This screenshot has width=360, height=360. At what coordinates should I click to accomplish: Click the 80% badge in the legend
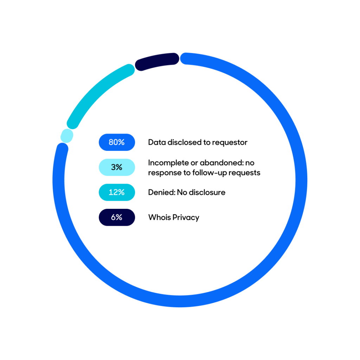[x=117, y=142]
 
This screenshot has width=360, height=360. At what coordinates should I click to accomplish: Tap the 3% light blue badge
[x=117, y=167]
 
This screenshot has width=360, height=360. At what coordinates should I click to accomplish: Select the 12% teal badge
[x=117, y=192]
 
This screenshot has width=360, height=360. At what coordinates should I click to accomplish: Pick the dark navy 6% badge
[x=117, y=217]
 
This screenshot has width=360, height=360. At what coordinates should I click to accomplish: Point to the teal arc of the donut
[x=96, y=92]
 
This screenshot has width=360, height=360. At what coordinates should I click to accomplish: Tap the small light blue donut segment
[x=67, y=136]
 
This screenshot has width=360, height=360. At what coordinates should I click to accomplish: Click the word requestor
[x=230, y=143]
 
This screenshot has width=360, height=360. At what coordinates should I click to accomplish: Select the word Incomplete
[x=168, y=163]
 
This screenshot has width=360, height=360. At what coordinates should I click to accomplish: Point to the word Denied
[x=162, y=192]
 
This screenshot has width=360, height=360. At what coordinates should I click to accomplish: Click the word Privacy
[x=186, y=218]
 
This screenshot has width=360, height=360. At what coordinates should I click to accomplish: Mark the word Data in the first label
[x=157, y=142]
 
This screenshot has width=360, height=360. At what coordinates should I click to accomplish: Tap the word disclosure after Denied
[x=207, y=192]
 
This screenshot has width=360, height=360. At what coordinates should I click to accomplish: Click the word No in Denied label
[x=182, y=192]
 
